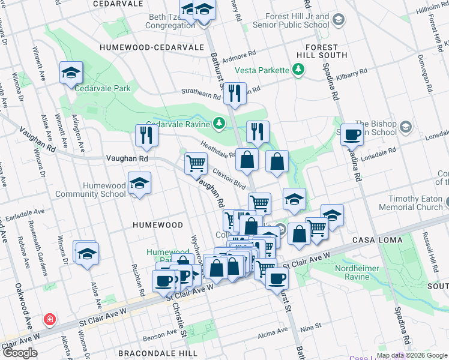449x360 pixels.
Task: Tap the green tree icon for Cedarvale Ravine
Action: pyautogui.click(x=220, y=124)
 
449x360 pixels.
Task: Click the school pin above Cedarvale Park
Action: pyautogui.click(x=71, y=74)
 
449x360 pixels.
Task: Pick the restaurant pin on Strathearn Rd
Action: pyautogui.click(x=234, y=93)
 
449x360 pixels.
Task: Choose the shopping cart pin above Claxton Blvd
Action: pyautogui.click(x=195, y=163)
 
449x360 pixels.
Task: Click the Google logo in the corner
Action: pyautogui.click(x=20, y=353)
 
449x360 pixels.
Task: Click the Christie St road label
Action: pyautogui.click(x=179, y=316)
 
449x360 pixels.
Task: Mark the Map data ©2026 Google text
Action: pyautogui.click(x=412, y=355)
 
